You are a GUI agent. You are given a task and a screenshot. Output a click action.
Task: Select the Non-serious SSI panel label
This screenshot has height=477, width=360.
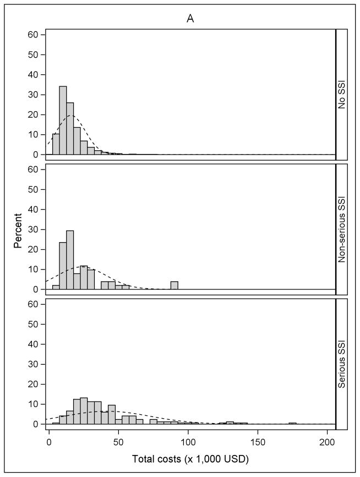(341, 228)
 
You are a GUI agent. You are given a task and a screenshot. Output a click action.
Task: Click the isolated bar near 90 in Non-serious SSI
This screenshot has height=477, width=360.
(174, 286)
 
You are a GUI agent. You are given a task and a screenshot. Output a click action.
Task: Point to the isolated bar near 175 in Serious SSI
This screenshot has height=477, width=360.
(292, 423)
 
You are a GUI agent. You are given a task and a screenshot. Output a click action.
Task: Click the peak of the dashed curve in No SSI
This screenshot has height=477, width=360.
(70, 115)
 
